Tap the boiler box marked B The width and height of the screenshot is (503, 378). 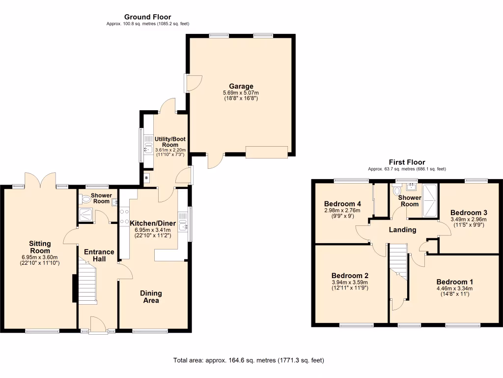146,178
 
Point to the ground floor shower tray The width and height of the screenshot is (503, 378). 85,215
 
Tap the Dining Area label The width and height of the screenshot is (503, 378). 151,296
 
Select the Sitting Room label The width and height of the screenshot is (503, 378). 40,247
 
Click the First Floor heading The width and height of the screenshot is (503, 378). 407,162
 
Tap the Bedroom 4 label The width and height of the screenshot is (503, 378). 342,204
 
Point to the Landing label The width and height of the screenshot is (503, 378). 402,230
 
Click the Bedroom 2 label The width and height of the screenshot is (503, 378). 350,276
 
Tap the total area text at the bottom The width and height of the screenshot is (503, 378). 249,360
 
